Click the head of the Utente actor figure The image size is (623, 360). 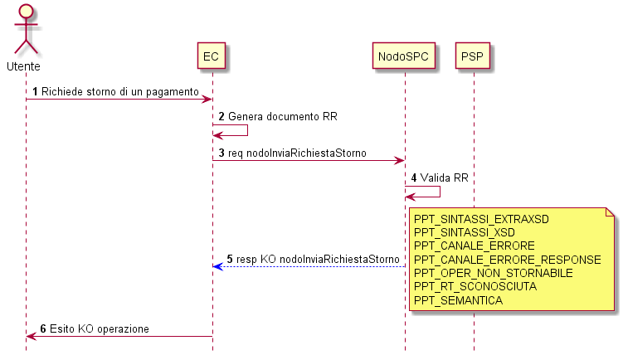coord(27,12)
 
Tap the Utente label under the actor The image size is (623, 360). coord(23,66)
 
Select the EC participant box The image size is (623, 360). coord(212,56)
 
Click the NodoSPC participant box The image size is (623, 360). coord(404,56)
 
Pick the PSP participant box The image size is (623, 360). coord(472,56)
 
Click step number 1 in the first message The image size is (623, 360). coord(35,92)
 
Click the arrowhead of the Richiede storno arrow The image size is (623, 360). coord(207,99)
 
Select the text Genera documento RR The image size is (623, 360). coord(283,116)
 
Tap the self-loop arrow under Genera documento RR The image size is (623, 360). coord(247,130)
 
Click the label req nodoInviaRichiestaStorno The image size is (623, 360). coord(297,153)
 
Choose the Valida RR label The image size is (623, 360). coord(444,178)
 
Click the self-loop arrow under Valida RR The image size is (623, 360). coord(440,192)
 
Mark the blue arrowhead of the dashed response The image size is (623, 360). coord(217,266)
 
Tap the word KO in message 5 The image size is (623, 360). coord(268,259)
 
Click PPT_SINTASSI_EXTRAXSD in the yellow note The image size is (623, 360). coord(481,219)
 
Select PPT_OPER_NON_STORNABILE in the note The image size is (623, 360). coord(493,274)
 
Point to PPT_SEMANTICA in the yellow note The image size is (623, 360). coord(458,300)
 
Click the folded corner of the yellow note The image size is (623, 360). coord(610,212)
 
